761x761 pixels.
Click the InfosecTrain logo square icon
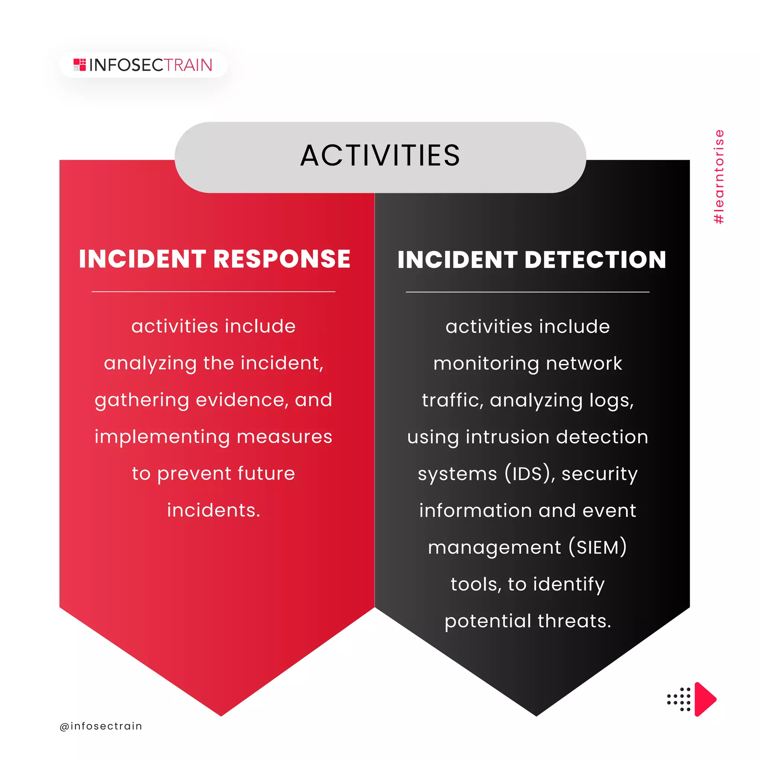coord(80,65)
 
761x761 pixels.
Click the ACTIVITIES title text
coord(380,156)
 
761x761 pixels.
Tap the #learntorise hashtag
coord(719,177)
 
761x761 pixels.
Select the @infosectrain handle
coord(101,726)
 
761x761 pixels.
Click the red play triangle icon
coord(704,699)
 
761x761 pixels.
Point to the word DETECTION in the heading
coord(595,260)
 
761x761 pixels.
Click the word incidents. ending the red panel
coord(214,511)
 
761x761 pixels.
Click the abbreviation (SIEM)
coord(598,547)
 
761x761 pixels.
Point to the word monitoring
coord(486,363)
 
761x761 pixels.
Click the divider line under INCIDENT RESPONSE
coord(214,292)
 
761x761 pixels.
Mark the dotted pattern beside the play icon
coord(679,700)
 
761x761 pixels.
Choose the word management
coord(494,547)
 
